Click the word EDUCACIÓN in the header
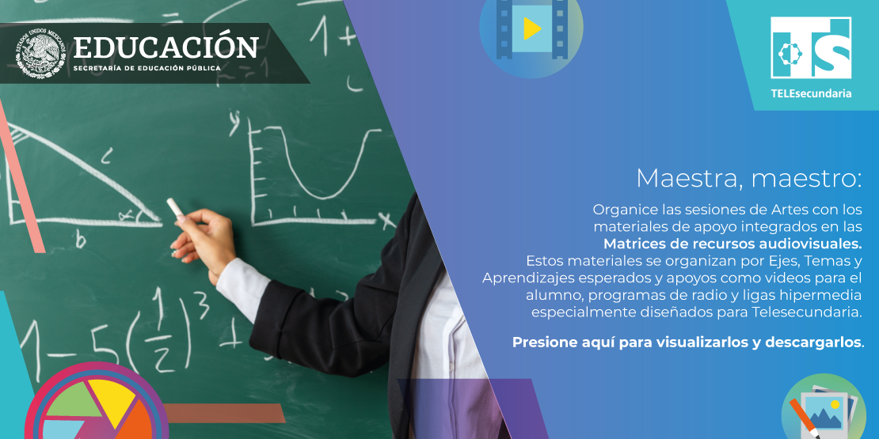pos(166,47)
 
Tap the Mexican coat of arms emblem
pos(41,54)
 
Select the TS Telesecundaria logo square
pos(810,48)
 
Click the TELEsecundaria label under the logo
pos(811,93)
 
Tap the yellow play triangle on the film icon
pos(531,29)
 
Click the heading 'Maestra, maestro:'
pos(748,178)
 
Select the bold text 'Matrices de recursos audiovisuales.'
pos(732,243)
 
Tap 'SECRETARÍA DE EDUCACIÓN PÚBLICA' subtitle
pos(146,68)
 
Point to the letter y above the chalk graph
pos(234,120)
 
